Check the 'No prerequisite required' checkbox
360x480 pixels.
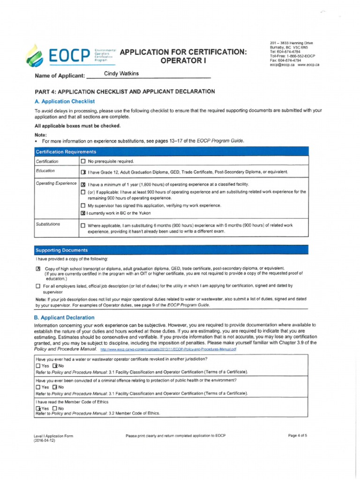tap(83, 161)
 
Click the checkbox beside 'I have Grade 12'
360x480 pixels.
tap(83, 172)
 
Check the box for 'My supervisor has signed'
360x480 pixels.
tap(83, 206)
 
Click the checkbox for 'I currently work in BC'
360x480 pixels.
tap(83, 213)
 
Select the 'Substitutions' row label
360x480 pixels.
tap(48, 225)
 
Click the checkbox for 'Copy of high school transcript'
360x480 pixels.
tap(38, 269)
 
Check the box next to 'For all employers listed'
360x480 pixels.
tap(38, 285)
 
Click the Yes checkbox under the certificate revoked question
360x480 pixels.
tap(38, 366)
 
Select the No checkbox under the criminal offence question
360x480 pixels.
tap(55, 387)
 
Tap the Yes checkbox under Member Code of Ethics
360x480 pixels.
tap(38, 408)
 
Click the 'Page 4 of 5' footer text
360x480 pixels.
tap(298, 435)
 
